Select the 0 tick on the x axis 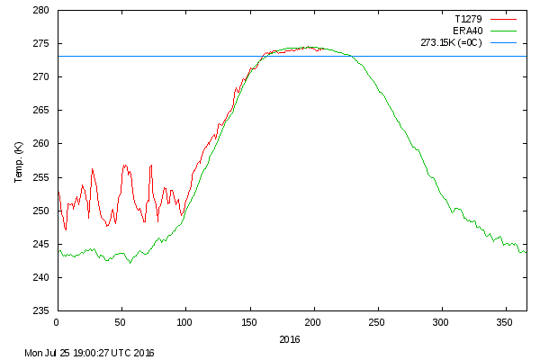point(57,321)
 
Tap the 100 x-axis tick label point(184,321)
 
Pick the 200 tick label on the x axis point(313,321)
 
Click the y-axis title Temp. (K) point(19,162)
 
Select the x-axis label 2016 point(290,339)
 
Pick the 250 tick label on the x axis point(377,321)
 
